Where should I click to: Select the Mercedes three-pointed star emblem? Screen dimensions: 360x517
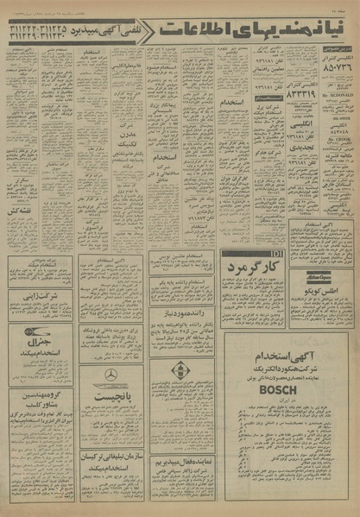(x=111, y=374)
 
